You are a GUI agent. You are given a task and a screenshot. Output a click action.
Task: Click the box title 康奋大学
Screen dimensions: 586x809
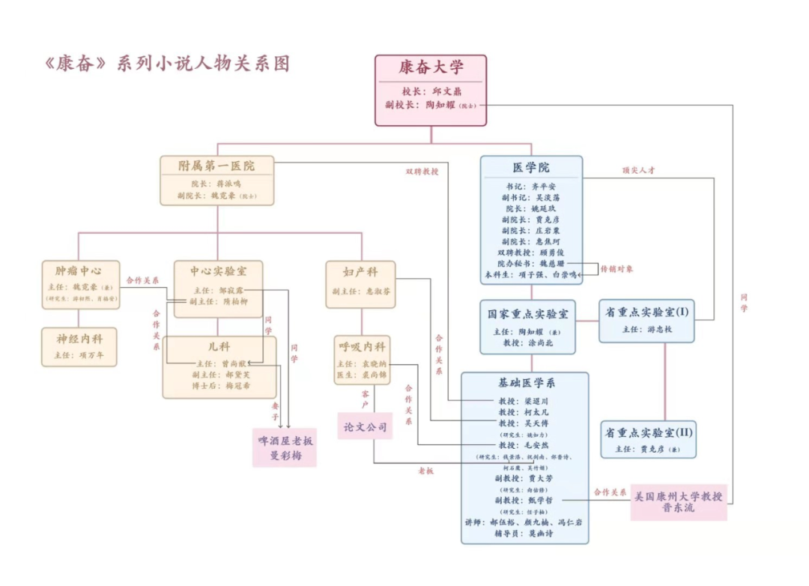(x=431, y=68)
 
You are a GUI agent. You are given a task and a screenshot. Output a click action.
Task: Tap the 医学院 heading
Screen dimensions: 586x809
(x=530, y=168)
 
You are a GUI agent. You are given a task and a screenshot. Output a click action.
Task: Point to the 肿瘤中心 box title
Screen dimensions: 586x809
(x=79, y=270)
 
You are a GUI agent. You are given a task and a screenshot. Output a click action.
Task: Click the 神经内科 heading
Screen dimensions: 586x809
(x=79, y=336)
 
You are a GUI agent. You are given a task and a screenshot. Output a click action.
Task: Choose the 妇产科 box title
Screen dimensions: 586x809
(x=361, y=271)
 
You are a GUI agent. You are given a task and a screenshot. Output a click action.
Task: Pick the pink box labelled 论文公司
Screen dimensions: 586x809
(x=365, y=426)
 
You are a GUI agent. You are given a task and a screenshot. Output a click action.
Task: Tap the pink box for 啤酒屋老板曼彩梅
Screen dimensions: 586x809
(x=284, y=447)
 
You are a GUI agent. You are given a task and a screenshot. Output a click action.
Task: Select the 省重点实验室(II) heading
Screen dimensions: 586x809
(x=649, y=432)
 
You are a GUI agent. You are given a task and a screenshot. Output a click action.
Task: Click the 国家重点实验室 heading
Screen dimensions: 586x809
(x=528, y=313)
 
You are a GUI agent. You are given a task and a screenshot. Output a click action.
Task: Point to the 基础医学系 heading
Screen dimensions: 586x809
(x=524, y=383)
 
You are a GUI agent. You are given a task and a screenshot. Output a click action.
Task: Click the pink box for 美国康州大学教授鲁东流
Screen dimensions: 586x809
(x=678, y=501)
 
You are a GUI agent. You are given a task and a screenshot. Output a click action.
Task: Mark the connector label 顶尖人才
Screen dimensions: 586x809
(x=638, y=170)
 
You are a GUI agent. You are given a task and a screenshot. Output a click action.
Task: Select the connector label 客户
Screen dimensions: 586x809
(x=365, y=399)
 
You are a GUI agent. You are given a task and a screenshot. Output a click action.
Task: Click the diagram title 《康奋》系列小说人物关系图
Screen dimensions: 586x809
(x=167, y=63)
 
